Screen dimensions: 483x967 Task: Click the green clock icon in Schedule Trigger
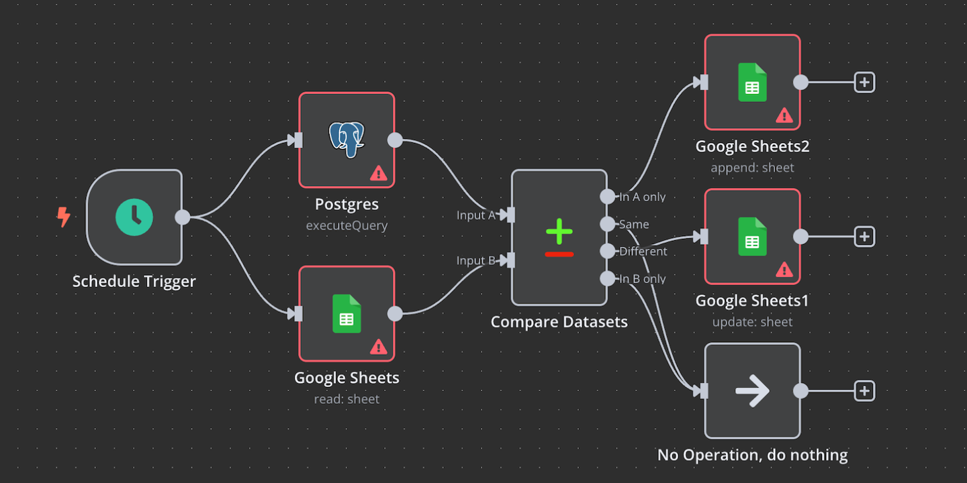coord(134,217)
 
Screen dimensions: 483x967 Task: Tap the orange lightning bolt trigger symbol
coord(63,217)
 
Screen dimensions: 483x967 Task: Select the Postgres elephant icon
coord(347,139)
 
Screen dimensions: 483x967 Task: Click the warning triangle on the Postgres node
coord(378,173)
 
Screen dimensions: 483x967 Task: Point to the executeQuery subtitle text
coord(347,225)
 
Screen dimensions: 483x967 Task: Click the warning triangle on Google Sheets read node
coord(378,347)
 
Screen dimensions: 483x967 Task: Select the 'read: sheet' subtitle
coord(347,399)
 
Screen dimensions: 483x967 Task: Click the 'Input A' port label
coord(475,215)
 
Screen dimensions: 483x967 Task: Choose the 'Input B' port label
coord(475,261)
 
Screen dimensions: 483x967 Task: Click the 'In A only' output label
coord(642,197)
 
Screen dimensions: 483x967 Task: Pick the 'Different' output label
coord(643,252)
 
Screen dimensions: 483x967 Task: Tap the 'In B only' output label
coord(642,279)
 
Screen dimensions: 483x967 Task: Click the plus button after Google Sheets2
coord(864,83)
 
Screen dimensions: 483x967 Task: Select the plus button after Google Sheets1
coord(864,236)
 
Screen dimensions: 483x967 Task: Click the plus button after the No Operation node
coord(864,390)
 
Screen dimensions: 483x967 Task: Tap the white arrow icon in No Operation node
coord(752,390)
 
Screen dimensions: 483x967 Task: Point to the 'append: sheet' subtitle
coord(752,168)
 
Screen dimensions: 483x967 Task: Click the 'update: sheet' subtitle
coord(752,322)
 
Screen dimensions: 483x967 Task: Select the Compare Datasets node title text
coord(559,322)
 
